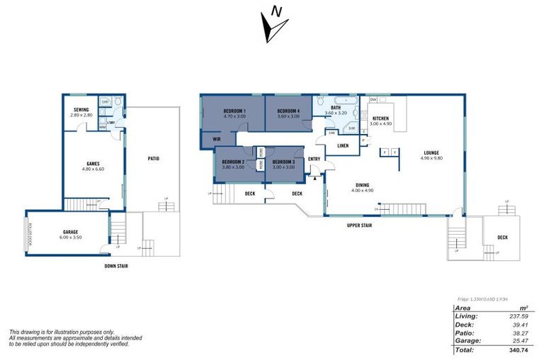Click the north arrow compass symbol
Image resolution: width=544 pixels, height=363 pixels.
pos(274,25)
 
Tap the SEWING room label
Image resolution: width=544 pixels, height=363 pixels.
pos(80,109)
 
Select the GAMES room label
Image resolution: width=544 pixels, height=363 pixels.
pos(93,163)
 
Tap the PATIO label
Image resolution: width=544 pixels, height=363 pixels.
pos(153,158)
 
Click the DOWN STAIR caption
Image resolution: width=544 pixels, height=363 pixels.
pos(116,266)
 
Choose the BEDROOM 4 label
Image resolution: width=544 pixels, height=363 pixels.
pos(288,111)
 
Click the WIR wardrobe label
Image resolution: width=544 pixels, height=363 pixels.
pos(217,139)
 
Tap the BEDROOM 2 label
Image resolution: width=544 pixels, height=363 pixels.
pos(233,162)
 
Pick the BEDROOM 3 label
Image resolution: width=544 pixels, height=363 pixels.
pos(283,162)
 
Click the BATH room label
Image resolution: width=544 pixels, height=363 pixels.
pos(335,108)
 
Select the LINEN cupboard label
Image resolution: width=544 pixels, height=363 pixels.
pos(343,145)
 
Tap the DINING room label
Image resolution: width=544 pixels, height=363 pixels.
pos(362,184)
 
